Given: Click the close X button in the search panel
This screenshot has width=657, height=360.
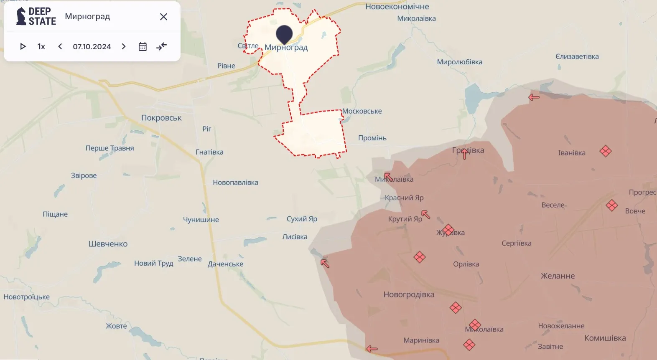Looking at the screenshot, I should click(163, 17).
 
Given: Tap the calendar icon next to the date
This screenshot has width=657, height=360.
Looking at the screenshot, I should click(143, 46).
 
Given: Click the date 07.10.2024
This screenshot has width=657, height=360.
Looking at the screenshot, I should click(92, 46).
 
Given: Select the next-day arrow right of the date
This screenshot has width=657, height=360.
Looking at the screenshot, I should click(124, 46).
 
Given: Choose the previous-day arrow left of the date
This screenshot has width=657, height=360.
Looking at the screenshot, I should click(60, 46).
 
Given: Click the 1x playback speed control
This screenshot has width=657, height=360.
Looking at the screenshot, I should click(41, 46).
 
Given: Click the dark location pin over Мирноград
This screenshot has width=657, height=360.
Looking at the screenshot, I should click(284, 34).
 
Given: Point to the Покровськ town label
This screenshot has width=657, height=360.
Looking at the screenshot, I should click(161, 118).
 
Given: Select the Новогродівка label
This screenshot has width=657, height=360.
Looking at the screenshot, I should click(409, 294).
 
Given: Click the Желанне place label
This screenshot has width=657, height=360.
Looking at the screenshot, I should click(558, 276).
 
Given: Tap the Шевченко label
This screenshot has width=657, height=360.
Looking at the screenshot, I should click(108, 244).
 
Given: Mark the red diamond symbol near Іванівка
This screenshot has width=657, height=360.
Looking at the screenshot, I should click(605, 151).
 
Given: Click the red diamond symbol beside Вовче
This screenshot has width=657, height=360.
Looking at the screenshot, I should click(612, 205).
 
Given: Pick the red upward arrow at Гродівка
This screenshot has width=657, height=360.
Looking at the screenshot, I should click(465, 154).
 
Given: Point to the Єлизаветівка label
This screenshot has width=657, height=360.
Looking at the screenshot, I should click(577, 56).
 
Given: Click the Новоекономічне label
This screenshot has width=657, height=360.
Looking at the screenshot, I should click(397, 7).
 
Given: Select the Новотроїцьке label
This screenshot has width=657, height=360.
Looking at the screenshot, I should click(27, 297).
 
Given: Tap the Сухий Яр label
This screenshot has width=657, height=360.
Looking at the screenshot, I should click(302, 219).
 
